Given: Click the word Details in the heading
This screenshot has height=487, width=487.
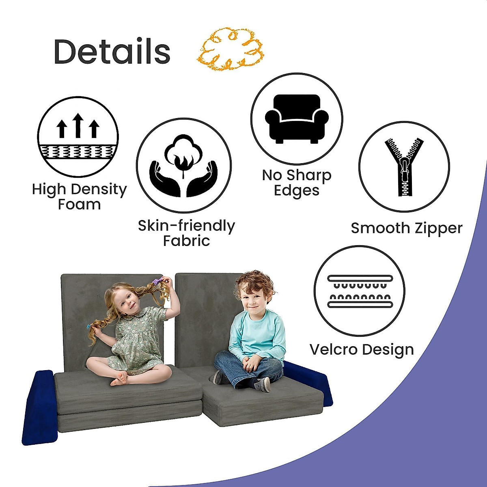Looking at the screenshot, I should pos(112,52).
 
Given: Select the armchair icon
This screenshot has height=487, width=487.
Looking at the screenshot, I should pos(297,119).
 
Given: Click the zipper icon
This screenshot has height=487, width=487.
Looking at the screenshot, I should pos(404,167).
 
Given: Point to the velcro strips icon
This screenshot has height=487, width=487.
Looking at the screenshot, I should pos(360,291).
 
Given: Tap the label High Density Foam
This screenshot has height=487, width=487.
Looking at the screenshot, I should pos(79,196).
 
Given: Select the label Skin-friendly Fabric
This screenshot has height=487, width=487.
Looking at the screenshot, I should pos(186,233).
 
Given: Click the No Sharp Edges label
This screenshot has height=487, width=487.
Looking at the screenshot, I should pos(297,183).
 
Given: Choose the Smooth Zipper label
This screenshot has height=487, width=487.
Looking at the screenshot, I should pos(407,228).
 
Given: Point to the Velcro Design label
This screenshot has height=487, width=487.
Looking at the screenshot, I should pos(362,349).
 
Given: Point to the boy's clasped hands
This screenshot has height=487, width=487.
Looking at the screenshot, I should pos(252,364).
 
